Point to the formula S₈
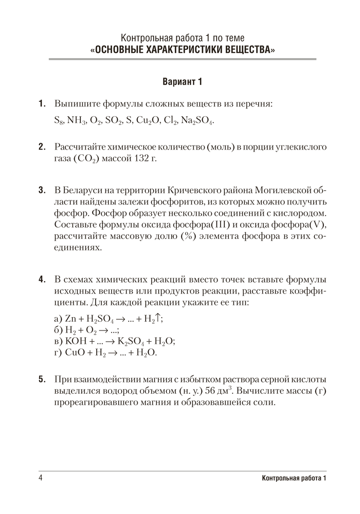pos(59,121)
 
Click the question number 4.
pos(42,279)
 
